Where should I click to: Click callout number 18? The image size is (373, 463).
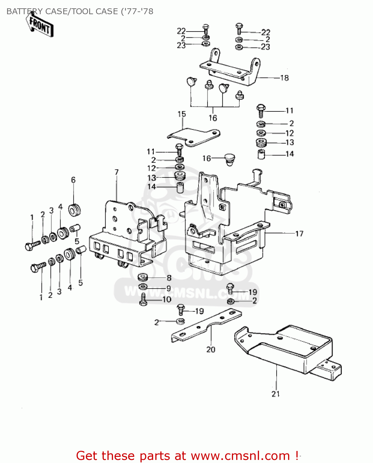pyautogui.click(x=284, y=78)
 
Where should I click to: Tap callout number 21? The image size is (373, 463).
pyautogui.click(x=275, y=394)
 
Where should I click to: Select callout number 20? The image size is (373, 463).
pyautogui.click(x=211, y=349)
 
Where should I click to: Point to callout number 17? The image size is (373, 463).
pyautogui.click(x=299, y=234)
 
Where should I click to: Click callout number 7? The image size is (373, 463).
pyautogui.click(x=116, y=172)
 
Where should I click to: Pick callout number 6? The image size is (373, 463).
pyautogui.click(x=73, y=180)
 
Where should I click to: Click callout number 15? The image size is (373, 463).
pyautogui.click(x=182, y=114)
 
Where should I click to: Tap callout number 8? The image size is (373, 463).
pyautogui.click(x=169, y=278)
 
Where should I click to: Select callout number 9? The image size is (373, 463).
pyautogui.click(x=169, y=288)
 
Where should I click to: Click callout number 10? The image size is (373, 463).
pyautogui.click(x=167, y=299)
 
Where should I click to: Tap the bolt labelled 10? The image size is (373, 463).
pyautogui.click(x=143, y=299)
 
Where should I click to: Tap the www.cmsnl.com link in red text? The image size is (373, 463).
pyautogui.click(x=240, y=456)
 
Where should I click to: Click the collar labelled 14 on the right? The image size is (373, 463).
pyautogui.click(x=261, y=154)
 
